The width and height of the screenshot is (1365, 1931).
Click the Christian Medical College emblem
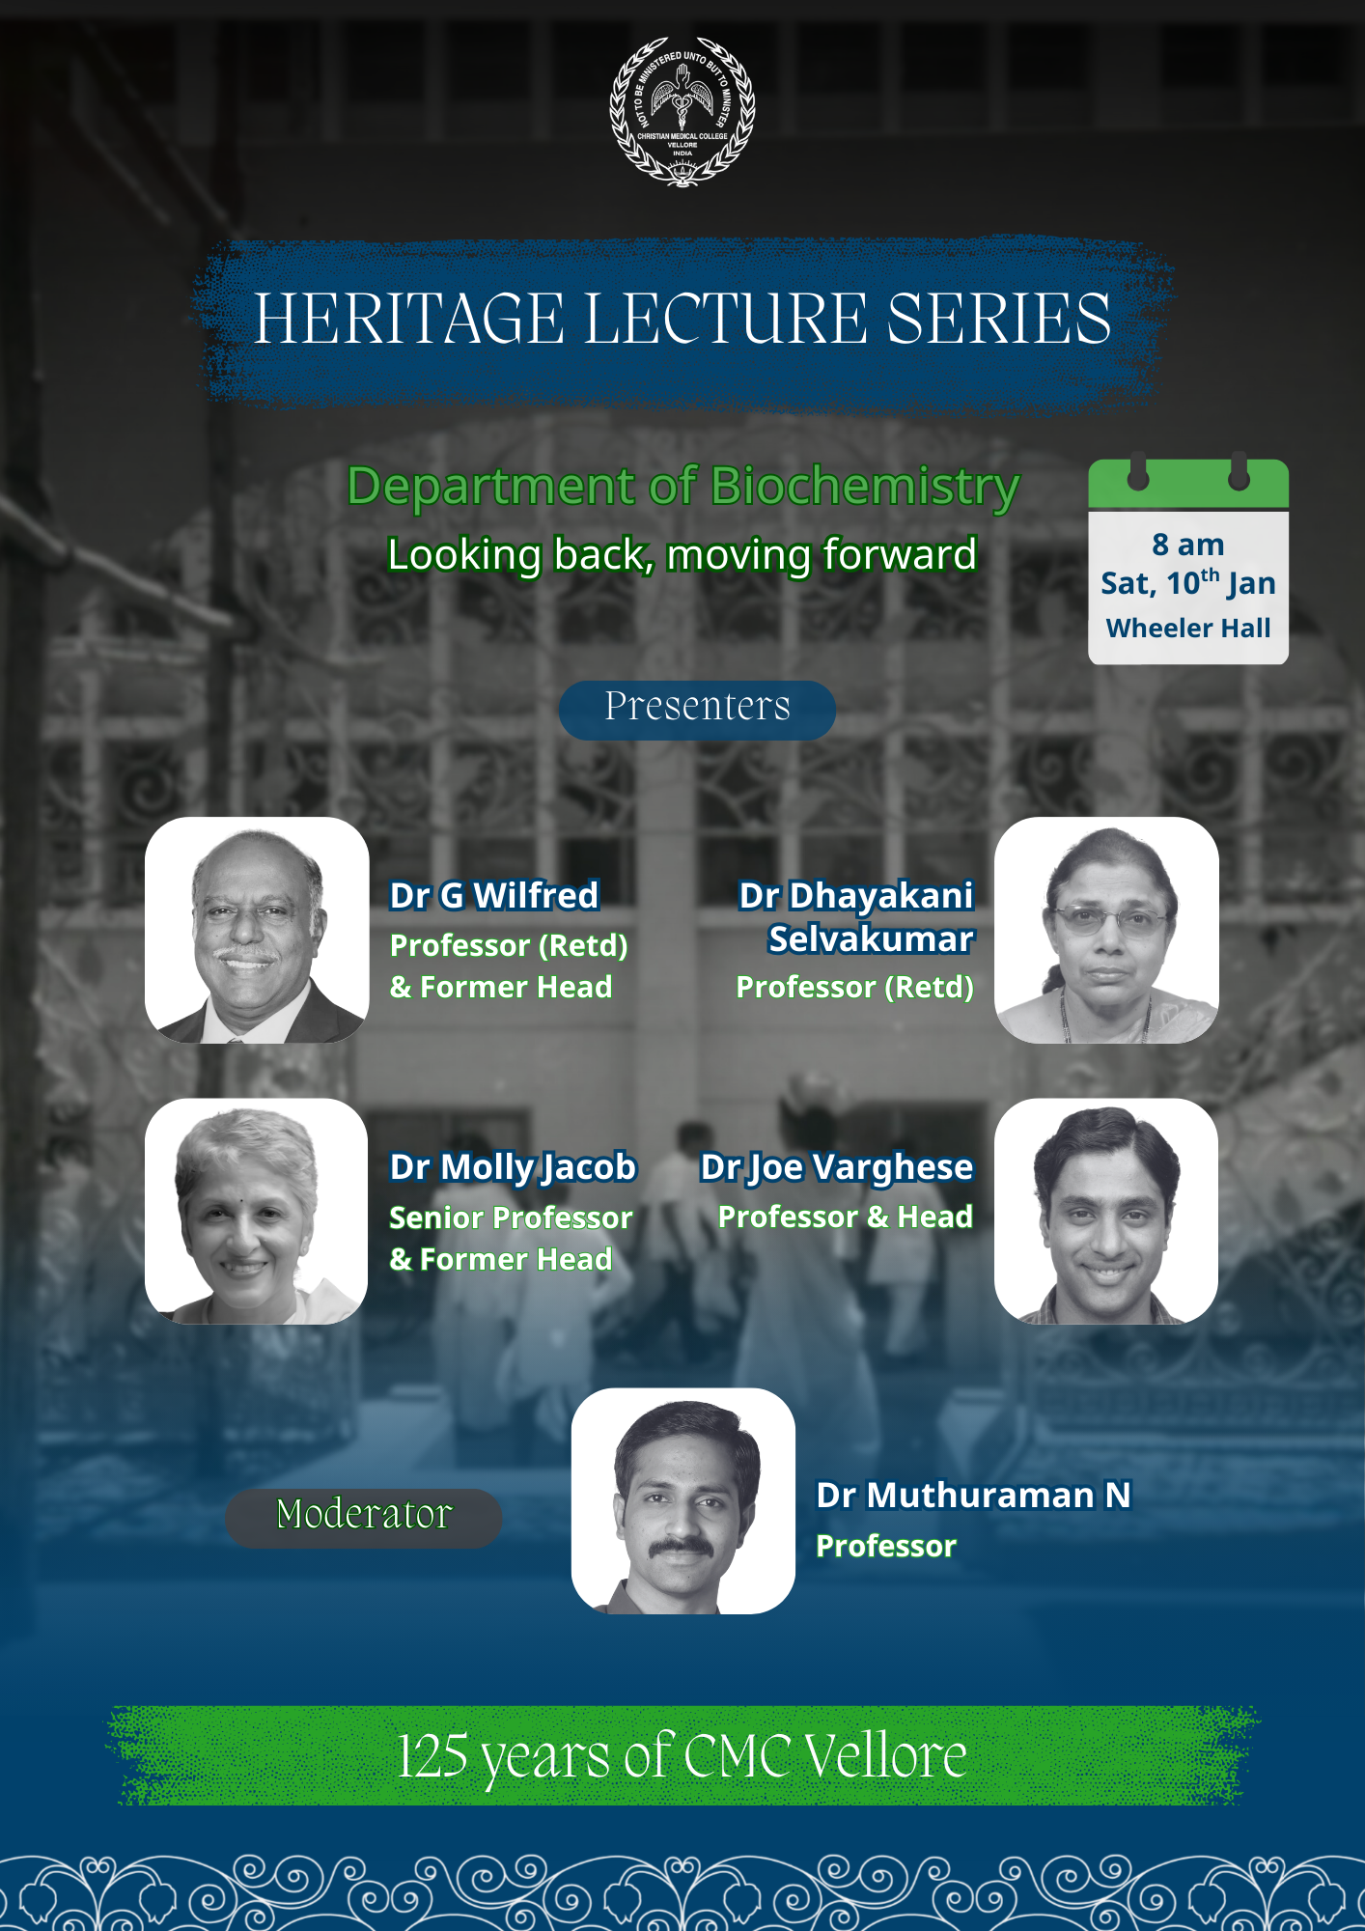coord(682,112)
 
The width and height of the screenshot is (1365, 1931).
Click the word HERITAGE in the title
coord(409,319)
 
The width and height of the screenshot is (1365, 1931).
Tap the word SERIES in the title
coord(999,319)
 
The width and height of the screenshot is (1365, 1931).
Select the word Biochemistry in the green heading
coord(865,488)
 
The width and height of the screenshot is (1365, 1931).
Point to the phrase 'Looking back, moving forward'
coord(682,555)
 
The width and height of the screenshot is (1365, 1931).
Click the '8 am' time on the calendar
coord(1188,545)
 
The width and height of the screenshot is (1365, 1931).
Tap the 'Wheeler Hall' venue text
coord(1188,628)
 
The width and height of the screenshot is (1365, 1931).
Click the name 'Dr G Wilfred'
coord(494,895)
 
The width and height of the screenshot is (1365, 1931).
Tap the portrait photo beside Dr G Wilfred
coord(257,930)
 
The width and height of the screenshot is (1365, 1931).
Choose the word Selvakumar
coord(871,938)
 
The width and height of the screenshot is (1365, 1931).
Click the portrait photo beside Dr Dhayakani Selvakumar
coord(1106,930)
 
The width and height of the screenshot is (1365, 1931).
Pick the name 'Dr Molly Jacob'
coord(513,1168)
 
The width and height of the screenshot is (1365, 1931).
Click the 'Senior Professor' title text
coord(511,1217)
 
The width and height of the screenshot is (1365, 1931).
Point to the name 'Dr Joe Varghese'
coord(836,1168)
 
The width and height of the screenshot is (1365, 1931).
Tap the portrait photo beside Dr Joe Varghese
coord(1106,1211)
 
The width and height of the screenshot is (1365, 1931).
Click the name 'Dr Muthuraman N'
coord(973,1495)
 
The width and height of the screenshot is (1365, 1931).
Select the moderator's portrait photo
coord(683,1501)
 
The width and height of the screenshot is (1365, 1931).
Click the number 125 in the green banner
coord(432,1755)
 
